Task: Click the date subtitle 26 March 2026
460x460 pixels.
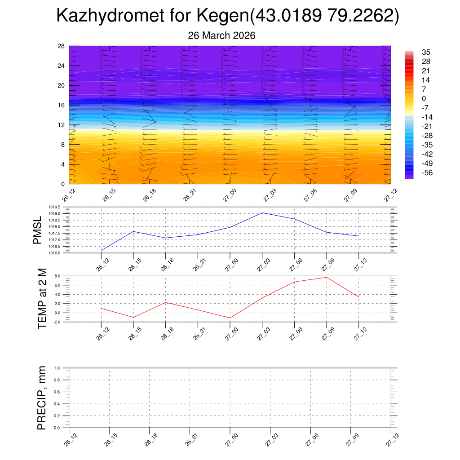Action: pos(221,35)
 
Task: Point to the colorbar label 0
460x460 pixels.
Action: pos(423,98)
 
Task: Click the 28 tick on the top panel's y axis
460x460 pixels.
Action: pos(62,46)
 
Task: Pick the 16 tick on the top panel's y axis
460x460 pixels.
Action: pos(62,105)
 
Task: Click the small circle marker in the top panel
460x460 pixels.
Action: pos(230,110)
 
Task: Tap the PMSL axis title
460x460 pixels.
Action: pos(38,230)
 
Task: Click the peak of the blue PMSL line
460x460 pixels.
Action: pos(262,212)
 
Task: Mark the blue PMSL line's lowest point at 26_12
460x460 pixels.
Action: pos(102,250)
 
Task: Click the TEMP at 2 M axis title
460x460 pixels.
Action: pos(42,298)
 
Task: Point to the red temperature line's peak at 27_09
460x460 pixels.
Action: pos(327,277)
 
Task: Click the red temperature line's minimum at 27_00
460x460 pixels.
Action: pos(230,318)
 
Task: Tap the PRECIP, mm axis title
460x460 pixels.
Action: pos(42,398)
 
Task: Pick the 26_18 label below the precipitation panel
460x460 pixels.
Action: pos(151,440)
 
